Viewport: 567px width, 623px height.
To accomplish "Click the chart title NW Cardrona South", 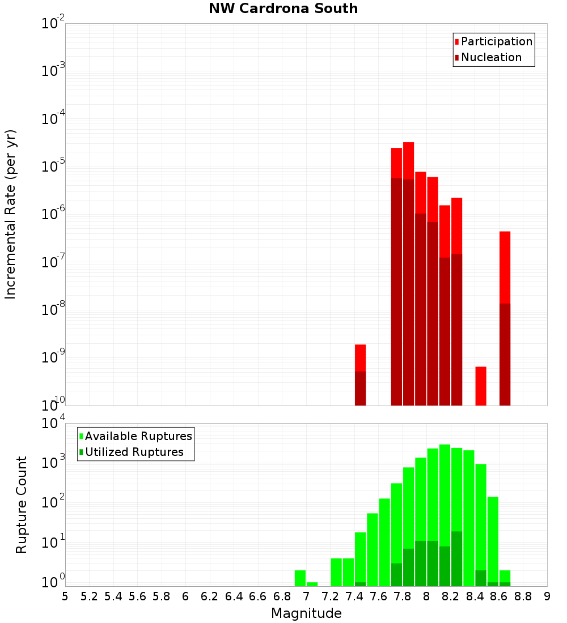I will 283,8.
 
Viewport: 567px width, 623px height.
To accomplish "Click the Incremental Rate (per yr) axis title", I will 11,214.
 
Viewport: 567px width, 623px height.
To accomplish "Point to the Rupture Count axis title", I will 22,505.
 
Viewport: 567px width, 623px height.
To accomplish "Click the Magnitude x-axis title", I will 306,613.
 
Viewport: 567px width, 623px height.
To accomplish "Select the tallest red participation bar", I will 408,159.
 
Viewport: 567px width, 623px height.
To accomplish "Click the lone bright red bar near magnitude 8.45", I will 481,385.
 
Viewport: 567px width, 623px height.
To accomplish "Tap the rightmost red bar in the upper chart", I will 505,266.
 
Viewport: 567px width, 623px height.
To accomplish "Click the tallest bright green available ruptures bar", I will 445,510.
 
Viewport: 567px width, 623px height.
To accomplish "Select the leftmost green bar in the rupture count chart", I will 300,578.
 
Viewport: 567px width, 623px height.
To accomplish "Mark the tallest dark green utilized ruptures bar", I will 456,558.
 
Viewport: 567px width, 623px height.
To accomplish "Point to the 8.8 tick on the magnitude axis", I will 523,596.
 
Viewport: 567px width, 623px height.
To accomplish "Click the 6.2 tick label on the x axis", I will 209,596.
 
